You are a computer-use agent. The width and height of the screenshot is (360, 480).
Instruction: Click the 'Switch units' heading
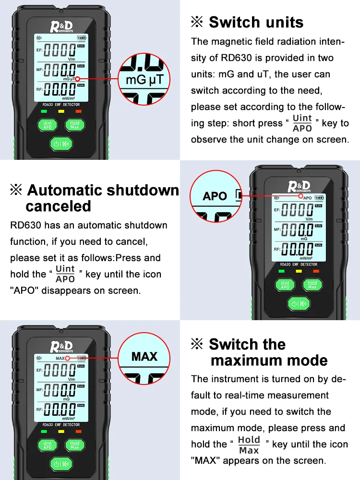tap(256, 22)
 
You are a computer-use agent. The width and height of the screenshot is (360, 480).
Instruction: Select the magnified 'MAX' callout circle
tap(144, 356)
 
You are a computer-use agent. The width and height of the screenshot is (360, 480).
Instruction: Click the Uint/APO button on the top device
tap(48, 125)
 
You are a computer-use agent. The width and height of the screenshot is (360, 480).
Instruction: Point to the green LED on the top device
tap(44, 111)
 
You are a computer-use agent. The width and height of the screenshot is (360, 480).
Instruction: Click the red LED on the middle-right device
tap(315, 271)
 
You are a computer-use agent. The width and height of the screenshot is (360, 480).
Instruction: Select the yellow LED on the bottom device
tap(61, 432)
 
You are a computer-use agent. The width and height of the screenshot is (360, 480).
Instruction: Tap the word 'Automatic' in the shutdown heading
tap(65, 190)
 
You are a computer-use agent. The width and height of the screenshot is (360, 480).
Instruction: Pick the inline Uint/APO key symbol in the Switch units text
tap(302, 123)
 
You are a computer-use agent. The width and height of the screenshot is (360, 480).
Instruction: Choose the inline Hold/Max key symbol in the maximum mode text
tap(249, 444)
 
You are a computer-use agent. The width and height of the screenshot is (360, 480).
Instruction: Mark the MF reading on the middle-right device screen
tap(297, 230)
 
